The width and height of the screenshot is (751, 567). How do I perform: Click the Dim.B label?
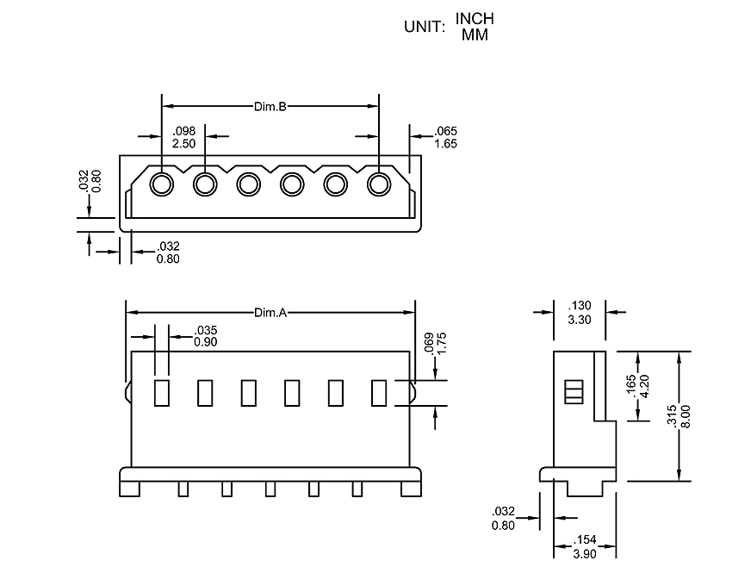click(x=270, y=107)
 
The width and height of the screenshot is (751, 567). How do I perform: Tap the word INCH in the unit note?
click(x=475, y=19)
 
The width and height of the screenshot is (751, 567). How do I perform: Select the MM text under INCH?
click(x=475, y=35)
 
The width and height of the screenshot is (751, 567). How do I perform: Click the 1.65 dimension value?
click(x=445, y=143)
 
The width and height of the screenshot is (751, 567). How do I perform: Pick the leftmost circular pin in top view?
click(x=161, y=184)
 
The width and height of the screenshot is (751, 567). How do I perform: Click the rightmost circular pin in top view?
click(x=378, y=184)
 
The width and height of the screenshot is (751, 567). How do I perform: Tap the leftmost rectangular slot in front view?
click(x=161, y=392)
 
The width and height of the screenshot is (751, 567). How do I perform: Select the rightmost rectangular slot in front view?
click(x=378, y=392)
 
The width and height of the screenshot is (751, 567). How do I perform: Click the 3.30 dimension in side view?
click(x=580, y=319)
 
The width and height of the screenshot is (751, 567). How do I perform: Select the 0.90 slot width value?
click(x=206, y=341)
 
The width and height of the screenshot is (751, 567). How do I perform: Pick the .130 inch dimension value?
click(x=580, y=306)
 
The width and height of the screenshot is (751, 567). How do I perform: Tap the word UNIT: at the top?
click(x=424, y=27)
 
